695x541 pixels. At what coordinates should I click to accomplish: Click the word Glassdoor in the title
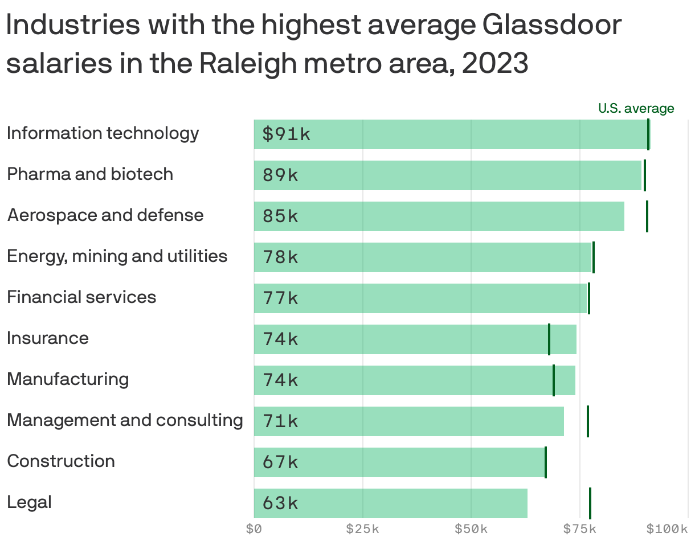pos(551,26)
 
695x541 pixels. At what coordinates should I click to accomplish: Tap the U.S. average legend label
pos(636,108)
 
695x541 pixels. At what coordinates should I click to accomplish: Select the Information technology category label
pos(103,133)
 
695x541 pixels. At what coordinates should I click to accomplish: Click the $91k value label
pos(287,134)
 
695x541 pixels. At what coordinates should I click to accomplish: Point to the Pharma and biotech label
pos(90,174)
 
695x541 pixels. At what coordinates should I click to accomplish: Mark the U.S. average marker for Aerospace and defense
pos(647,216)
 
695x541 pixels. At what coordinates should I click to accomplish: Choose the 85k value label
pos(280,216)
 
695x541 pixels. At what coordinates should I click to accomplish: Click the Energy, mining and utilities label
pos(117,256)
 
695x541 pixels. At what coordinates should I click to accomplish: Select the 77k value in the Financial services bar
pos(280,298)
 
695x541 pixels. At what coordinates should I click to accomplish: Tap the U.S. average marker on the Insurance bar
pos(549,339)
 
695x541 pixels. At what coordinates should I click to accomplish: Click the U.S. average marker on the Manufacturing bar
pos(553,380)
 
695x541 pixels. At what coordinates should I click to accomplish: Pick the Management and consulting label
pos(125,420)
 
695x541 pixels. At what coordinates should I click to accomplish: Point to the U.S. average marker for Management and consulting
pos(587,421)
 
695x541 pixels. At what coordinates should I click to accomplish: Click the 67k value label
pos(280,462)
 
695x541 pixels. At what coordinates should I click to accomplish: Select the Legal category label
pos(29,502)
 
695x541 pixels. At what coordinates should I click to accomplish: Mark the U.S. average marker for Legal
pos(590,503)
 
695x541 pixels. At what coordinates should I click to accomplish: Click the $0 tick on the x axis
pos(254,529)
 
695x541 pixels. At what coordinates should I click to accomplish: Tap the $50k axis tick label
pos(471,529)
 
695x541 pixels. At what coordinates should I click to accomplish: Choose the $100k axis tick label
pos(667,529)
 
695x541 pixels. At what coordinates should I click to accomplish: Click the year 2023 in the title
pos(494,64)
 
